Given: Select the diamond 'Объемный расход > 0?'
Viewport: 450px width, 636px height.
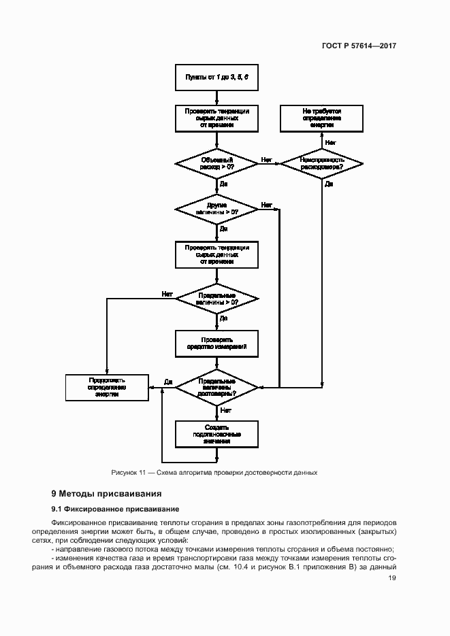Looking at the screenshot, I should tap(216, 163).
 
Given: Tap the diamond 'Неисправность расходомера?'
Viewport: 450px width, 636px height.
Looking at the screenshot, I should tap(321, 163).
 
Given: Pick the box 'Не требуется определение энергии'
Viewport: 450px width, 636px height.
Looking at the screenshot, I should tap(321, 118).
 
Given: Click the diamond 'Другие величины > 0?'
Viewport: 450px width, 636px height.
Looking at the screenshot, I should tap(216, 208).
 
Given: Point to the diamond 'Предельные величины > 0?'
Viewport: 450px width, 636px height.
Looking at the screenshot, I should tap(216, 298).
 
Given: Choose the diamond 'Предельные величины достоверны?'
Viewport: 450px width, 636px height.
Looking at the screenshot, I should tap(216, 387).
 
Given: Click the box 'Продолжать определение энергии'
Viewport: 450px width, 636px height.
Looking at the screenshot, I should tap(106, 387).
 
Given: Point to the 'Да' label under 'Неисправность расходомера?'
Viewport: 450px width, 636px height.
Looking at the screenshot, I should tap(329, 184).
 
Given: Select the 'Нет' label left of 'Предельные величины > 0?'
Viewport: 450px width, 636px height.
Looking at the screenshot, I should tap(167, 294).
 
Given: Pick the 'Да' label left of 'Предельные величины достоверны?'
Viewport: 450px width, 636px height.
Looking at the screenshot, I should tap(168, 382).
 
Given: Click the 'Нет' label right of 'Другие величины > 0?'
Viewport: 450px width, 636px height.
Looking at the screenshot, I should tap(266, 204).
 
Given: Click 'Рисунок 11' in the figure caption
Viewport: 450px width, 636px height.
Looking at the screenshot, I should tap(129, 472).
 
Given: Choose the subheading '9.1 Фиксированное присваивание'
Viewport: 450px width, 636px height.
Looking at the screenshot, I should tap(115, 509).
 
